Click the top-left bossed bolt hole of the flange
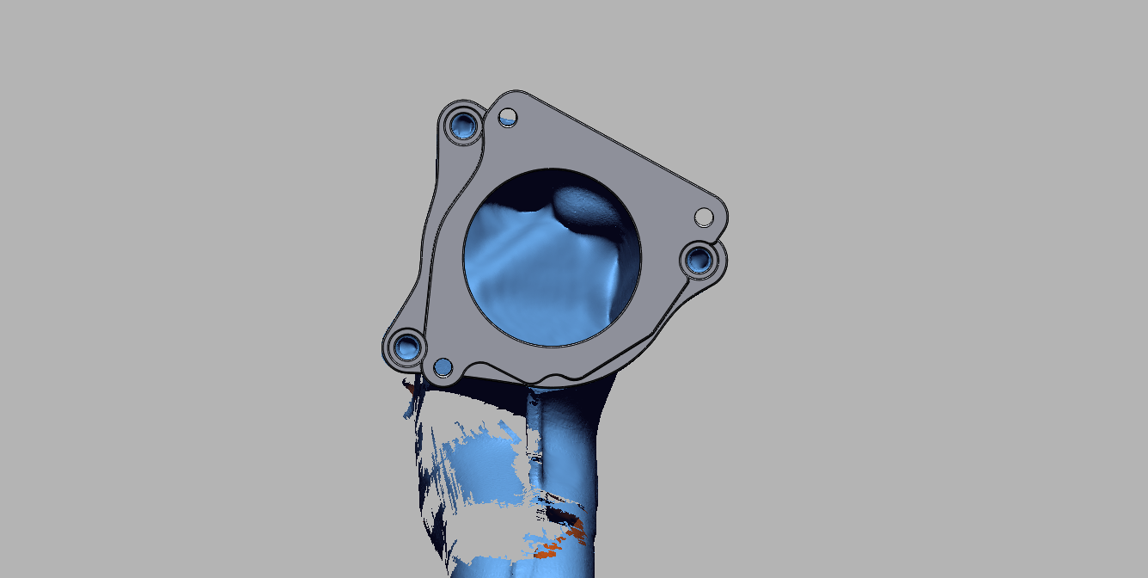[464, 124]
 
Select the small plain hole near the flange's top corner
[508, 115]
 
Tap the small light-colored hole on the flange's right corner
[704, 216]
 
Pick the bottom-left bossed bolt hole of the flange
[404, 347]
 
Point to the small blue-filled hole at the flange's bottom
[443, 367]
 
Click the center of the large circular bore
[552, 256]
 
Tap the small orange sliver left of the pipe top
[410, 389]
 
